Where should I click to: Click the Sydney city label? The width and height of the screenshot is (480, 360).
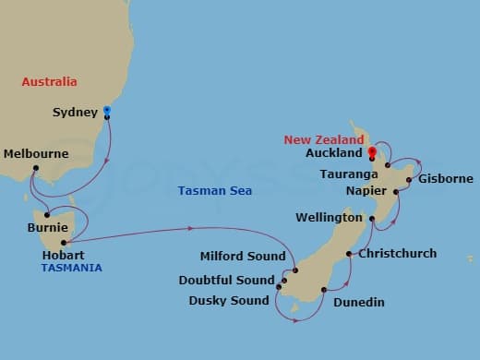pyautogui.click(x=75, y=113)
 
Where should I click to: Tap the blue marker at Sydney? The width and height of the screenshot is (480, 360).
pyautogui.click(x=107, y=111)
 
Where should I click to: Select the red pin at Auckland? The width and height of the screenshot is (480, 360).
pyautogui.click(x=371, y=152)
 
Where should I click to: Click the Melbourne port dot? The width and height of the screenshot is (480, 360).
pyautogui.click(x=34, y=168)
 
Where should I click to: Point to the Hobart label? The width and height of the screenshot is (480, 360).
pyautogui.click(x=64, y=254)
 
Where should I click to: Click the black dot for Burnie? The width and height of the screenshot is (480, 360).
pyautogui.click(x=46, y=215)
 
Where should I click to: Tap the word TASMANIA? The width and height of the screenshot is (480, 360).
pyautogui.click(x=71, y=268)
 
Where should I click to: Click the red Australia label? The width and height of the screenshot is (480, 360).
pyautogui.click(x=49, y=82)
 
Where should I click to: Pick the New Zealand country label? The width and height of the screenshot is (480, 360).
pyautogui.click(x=321, y=139)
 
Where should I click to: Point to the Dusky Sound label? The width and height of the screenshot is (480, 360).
pyautogui.click(x=229, y=300)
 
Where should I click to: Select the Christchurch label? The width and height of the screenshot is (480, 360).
pyautogui.click(x=397, y=253)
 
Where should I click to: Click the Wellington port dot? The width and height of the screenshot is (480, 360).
pyautogui.click(x=372, y=219)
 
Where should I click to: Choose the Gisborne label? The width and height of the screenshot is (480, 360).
pyautogui.click(x=445, y=179)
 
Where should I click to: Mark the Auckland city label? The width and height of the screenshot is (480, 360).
pyautogui.click(x=331, y=153)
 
